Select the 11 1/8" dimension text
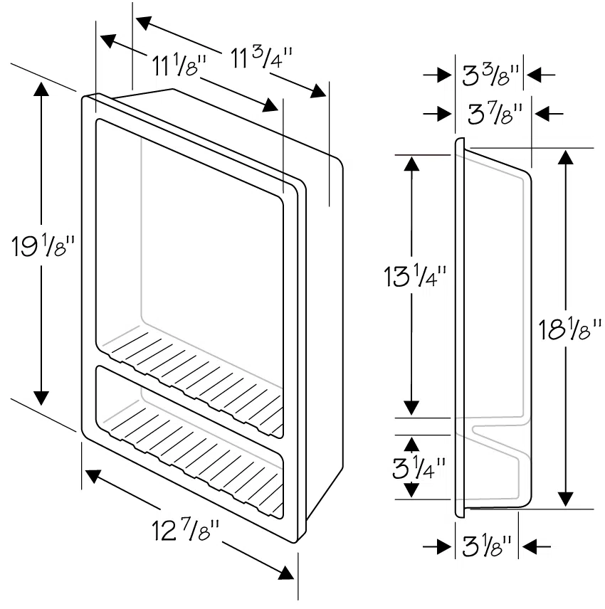pos(179,66)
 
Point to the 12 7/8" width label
pos(186,530)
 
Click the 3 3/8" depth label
pos(491,75)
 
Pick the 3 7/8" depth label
pos(496,112)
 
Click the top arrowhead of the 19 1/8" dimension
pos(41,90)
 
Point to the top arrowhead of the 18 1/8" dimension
pos(566,158)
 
